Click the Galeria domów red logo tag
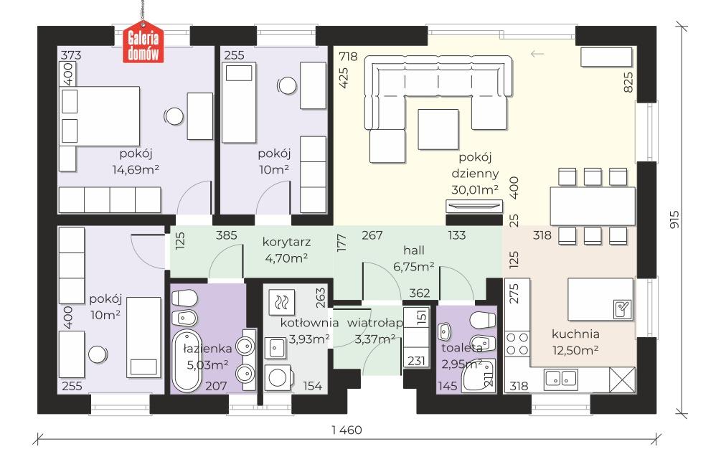point(143,42)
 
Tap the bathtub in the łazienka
point(187,362)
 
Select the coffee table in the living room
point(438,129)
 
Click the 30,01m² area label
point(475,190)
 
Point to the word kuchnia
point(575,334)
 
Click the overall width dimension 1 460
point(347,430)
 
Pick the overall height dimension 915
point(674,220)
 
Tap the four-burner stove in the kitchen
point(517,344)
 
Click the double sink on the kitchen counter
point(561,378)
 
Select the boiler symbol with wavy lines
point(282,302)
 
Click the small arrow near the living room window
point(537,55)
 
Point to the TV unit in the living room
point(473,206)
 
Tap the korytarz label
point(286,242)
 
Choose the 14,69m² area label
point(136,169)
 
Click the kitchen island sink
point(623,309)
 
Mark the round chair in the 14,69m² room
point(174,116)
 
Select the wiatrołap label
point(374,323)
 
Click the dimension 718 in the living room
point(348,57)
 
